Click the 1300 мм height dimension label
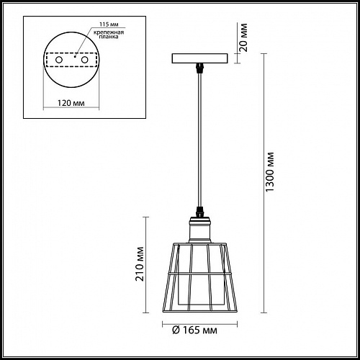270,172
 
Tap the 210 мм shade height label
140,264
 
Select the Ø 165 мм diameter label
194,330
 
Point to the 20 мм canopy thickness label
243,37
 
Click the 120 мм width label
71,103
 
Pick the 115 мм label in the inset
109,24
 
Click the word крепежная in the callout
109,32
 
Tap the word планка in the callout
109,37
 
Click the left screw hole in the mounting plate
59,60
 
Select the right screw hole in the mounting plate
84,60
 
